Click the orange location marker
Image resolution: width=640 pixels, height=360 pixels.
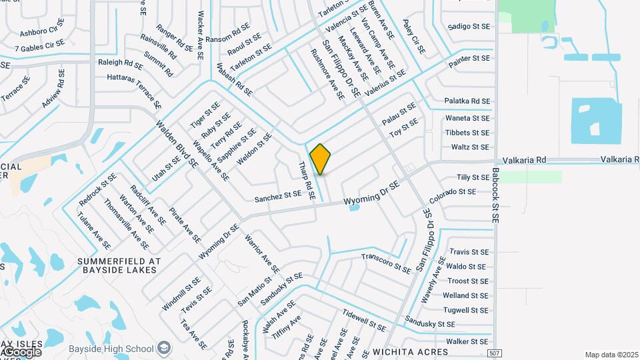coord(321,159)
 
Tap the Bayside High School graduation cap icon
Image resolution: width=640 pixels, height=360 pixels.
coord(164,348)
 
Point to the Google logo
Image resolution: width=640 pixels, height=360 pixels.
coord(21,351)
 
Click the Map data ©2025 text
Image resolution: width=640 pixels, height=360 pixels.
coord(611,355)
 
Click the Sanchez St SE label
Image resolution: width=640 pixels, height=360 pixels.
coord(278,197)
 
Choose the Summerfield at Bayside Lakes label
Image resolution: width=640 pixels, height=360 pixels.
coord(117,265)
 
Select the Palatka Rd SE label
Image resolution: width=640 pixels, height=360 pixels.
coord(467,101)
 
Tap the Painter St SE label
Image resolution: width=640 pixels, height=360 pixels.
coord(469,59)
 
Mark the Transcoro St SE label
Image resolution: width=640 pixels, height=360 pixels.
coord(386,263)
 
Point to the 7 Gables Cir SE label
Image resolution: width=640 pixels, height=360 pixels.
coord(39,46)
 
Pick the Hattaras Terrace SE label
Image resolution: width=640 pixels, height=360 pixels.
coord(134,91)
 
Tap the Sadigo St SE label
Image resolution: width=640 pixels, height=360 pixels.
coord(469,27)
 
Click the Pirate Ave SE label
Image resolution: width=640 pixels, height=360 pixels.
coord(185,224)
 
